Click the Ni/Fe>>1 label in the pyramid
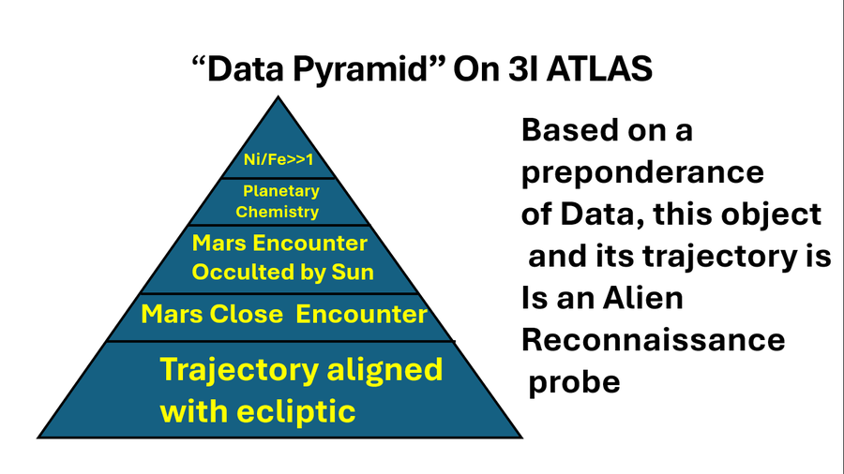(278, 160)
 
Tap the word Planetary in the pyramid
(281, 192)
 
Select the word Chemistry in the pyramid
(277, 212)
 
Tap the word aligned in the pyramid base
(384, 369)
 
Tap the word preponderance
(642, 173)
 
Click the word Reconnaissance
(653, 339)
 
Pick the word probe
(575, 382)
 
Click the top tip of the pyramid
(279, 97)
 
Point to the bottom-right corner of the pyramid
(521, 437)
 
